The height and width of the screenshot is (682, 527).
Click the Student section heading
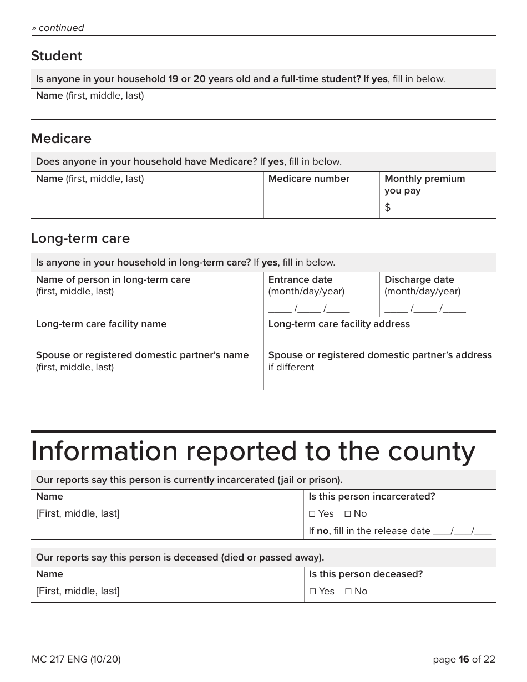point(56,56)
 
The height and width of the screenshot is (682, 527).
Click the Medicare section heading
point(61,139)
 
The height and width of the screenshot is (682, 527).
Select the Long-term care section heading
point(80,238)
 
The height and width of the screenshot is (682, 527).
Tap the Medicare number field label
point(308,179)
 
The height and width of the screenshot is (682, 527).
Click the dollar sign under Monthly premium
point(387,207)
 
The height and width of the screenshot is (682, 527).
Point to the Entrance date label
point(300,279)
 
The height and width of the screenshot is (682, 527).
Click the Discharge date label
point(419,279)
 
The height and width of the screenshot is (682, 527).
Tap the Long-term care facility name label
point(101,324)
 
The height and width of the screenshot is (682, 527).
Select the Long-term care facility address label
point(339,324)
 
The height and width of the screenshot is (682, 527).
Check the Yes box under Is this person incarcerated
point(312,514)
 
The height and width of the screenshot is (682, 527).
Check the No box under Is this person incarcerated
point(348,514)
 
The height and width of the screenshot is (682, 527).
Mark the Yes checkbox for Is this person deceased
point(312,592)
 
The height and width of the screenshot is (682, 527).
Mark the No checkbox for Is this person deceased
point(348,592)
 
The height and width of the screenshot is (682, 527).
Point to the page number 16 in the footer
point(464,659)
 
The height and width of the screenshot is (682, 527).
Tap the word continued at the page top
point(61,28)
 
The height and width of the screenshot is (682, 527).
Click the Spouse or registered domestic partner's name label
point(142,355)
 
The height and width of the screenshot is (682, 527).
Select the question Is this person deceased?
point(366,574)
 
